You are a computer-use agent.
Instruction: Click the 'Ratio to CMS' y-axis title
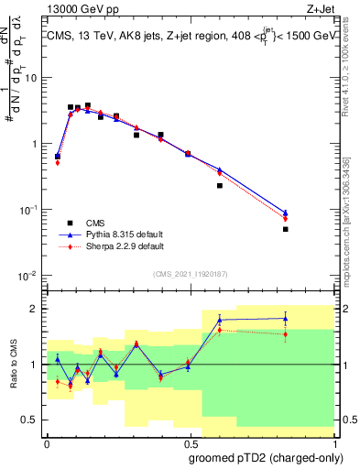pyautogui.click(x=15, y=365)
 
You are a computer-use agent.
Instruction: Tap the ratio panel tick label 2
pyautogui.click(x=35, y=309)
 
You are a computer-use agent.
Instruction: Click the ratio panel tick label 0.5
pyautogui.click(x=31, y=420)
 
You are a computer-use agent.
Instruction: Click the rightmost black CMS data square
pyautogui.click(x=286, y=229)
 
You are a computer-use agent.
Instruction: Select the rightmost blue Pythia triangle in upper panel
pyautogui.click(x=286, y=213)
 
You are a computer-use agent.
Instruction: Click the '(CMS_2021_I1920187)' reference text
pyautogui.click(x=190, y=272)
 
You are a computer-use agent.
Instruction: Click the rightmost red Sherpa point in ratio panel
pyautogui.click(x=286, y=334)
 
